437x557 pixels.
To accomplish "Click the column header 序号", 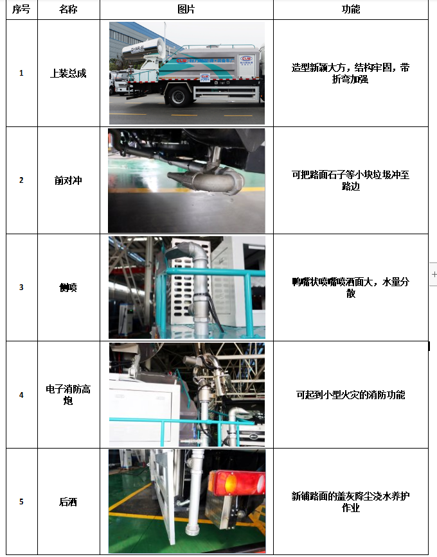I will (x=21, y=10).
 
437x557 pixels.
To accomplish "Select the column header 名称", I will (x=67, y=10).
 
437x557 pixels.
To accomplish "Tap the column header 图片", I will (x=186, y=10).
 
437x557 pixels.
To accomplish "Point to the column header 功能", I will (x=351, y=10).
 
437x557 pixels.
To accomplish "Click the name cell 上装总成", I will (x=68, y=73).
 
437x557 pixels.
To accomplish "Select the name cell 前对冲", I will (x=68, y=180).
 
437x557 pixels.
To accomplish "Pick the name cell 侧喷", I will (x=68, y=287).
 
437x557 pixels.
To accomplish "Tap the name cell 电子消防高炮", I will (x=68, y=395).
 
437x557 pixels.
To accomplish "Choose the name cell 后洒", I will (x=68, y=502).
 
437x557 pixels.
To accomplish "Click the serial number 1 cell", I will (x=21, y=73).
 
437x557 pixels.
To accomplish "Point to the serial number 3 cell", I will (x=21, y=287).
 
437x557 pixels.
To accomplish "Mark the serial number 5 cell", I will (x=21, y=502).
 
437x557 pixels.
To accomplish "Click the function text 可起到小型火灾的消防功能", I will (x=351, y=395).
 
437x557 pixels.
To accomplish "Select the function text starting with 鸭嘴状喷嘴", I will (x=351, y=287).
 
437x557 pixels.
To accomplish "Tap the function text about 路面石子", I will (x=351, y=180).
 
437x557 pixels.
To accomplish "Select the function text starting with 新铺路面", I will (x=351, y=502).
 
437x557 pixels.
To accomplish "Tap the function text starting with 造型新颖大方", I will (x=351, y=73).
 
